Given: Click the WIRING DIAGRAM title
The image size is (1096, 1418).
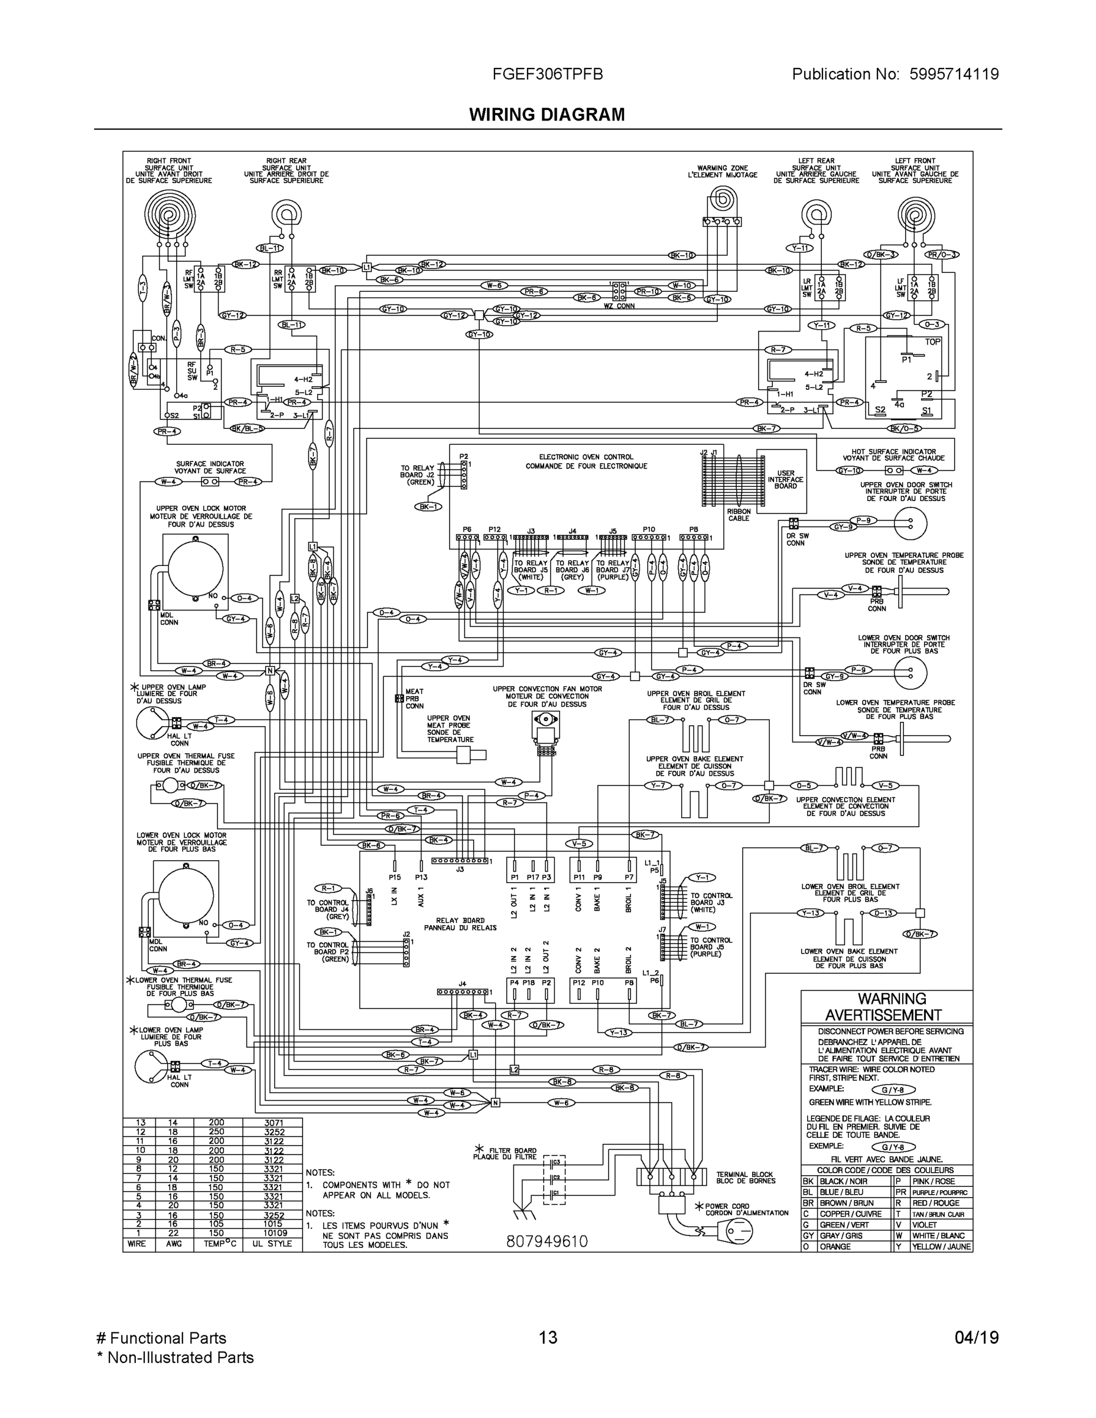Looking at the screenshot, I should tap(547, 115).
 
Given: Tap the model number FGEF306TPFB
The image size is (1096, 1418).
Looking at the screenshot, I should tap(547, 74).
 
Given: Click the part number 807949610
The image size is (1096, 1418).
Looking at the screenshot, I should tap(547, 1241).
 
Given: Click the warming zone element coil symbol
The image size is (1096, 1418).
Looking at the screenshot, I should tap(722, 199).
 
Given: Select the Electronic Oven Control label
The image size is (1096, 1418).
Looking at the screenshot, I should tap(586, 461).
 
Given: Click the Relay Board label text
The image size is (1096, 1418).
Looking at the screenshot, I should tap(460, 924).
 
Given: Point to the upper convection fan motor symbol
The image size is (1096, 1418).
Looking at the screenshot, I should tap(545, 721).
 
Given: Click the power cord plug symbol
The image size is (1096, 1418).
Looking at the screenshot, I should tap(734, 1230).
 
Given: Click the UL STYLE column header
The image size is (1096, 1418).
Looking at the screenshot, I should tap(272, 1244).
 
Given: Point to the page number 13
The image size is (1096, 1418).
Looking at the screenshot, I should tap(547, 1338).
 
